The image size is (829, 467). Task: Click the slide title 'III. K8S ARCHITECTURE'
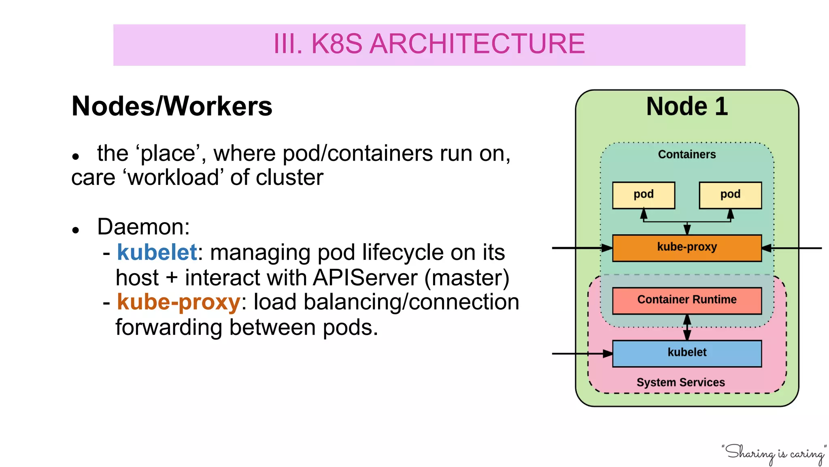coord(429,44)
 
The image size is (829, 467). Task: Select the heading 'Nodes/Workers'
coord(172,106)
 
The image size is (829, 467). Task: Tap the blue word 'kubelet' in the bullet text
coord(157,252)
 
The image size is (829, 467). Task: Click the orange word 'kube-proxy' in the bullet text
coord(179,302)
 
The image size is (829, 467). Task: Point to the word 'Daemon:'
coord(143,227)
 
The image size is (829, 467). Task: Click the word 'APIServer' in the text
coord(365,278)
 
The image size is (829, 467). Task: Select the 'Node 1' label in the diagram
coord(687,107)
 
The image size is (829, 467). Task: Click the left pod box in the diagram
coord(643,195)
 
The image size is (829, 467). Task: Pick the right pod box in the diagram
coord(730,195)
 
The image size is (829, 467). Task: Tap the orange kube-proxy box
coord(687,248)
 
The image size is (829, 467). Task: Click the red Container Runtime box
coord(687,300)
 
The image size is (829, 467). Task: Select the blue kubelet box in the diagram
coord(687,353)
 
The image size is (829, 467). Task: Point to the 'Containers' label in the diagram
coord(687,154)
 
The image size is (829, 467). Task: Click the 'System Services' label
coord(680,382)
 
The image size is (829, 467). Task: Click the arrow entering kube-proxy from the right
coord(791,248)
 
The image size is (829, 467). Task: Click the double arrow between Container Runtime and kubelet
coord(687,328)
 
